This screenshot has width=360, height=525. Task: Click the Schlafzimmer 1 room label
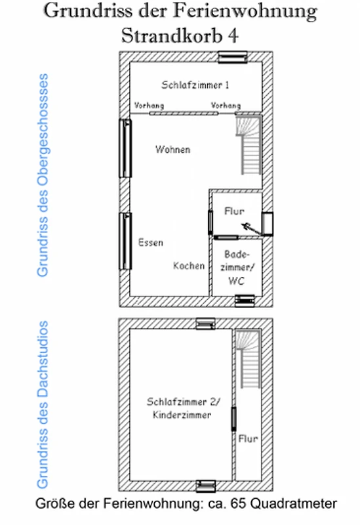(x=195, y=85)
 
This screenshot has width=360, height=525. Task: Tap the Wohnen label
(x=172, y=150)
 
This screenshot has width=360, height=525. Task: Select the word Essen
(x=151, y=242)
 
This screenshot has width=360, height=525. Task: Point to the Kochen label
(x=189, y=266)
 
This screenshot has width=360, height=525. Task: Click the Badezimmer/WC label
(x=237, y=268)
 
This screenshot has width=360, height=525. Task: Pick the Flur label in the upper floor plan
(x=234, y=211)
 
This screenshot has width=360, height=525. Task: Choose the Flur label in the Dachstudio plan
(x=248, y=438)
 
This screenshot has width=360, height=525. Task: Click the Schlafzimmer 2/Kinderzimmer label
(x=183, y=408)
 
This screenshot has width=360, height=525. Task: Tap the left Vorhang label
(x=149, y=106)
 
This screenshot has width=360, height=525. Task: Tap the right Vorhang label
(x=226, y=106)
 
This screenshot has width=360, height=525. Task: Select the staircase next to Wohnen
(x=249, y=145)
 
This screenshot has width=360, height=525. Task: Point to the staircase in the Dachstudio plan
(x=248, y=359)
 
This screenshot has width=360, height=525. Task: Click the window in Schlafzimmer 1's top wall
(x=233, y=57)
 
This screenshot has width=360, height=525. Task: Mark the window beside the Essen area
(x=125, y=241)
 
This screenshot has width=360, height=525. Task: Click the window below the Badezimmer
(x=245, y=301)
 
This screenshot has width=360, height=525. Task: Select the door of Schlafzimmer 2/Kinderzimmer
(x=233, y=419)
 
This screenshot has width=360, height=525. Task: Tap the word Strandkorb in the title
(x=172, y=35)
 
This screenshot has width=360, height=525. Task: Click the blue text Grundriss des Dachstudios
(x=43, y=405)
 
